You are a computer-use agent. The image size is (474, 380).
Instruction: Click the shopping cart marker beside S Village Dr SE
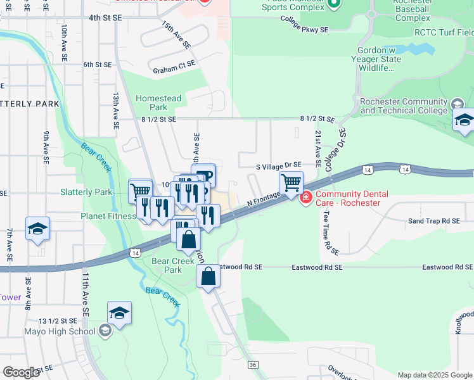[291, 183]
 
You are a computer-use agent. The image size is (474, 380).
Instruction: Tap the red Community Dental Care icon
[306, 198]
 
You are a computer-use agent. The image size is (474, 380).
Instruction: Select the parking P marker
[204, 176]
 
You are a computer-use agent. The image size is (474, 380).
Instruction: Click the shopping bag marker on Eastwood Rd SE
[208, 277]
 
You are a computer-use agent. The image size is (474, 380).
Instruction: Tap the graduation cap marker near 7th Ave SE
[38, 229]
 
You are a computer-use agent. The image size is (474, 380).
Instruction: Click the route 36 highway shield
[253, 364]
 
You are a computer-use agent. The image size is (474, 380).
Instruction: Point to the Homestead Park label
[158, 103]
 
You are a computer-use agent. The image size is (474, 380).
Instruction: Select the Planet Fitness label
[108, 216]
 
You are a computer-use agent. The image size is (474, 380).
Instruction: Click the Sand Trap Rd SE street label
[433, 221]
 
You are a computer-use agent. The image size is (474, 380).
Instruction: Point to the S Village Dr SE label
[278, 165]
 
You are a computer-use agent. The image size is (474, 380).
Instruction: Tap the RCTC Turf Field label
[444, 32]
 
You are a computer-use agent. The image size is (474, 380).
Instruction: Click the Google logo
[21, 372]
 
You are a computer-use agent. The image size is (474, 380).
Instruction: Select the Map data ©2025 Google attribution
[435, 375]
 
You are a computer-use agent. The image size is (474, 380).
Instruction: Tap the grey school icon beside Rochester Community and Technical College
[457, 104]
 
